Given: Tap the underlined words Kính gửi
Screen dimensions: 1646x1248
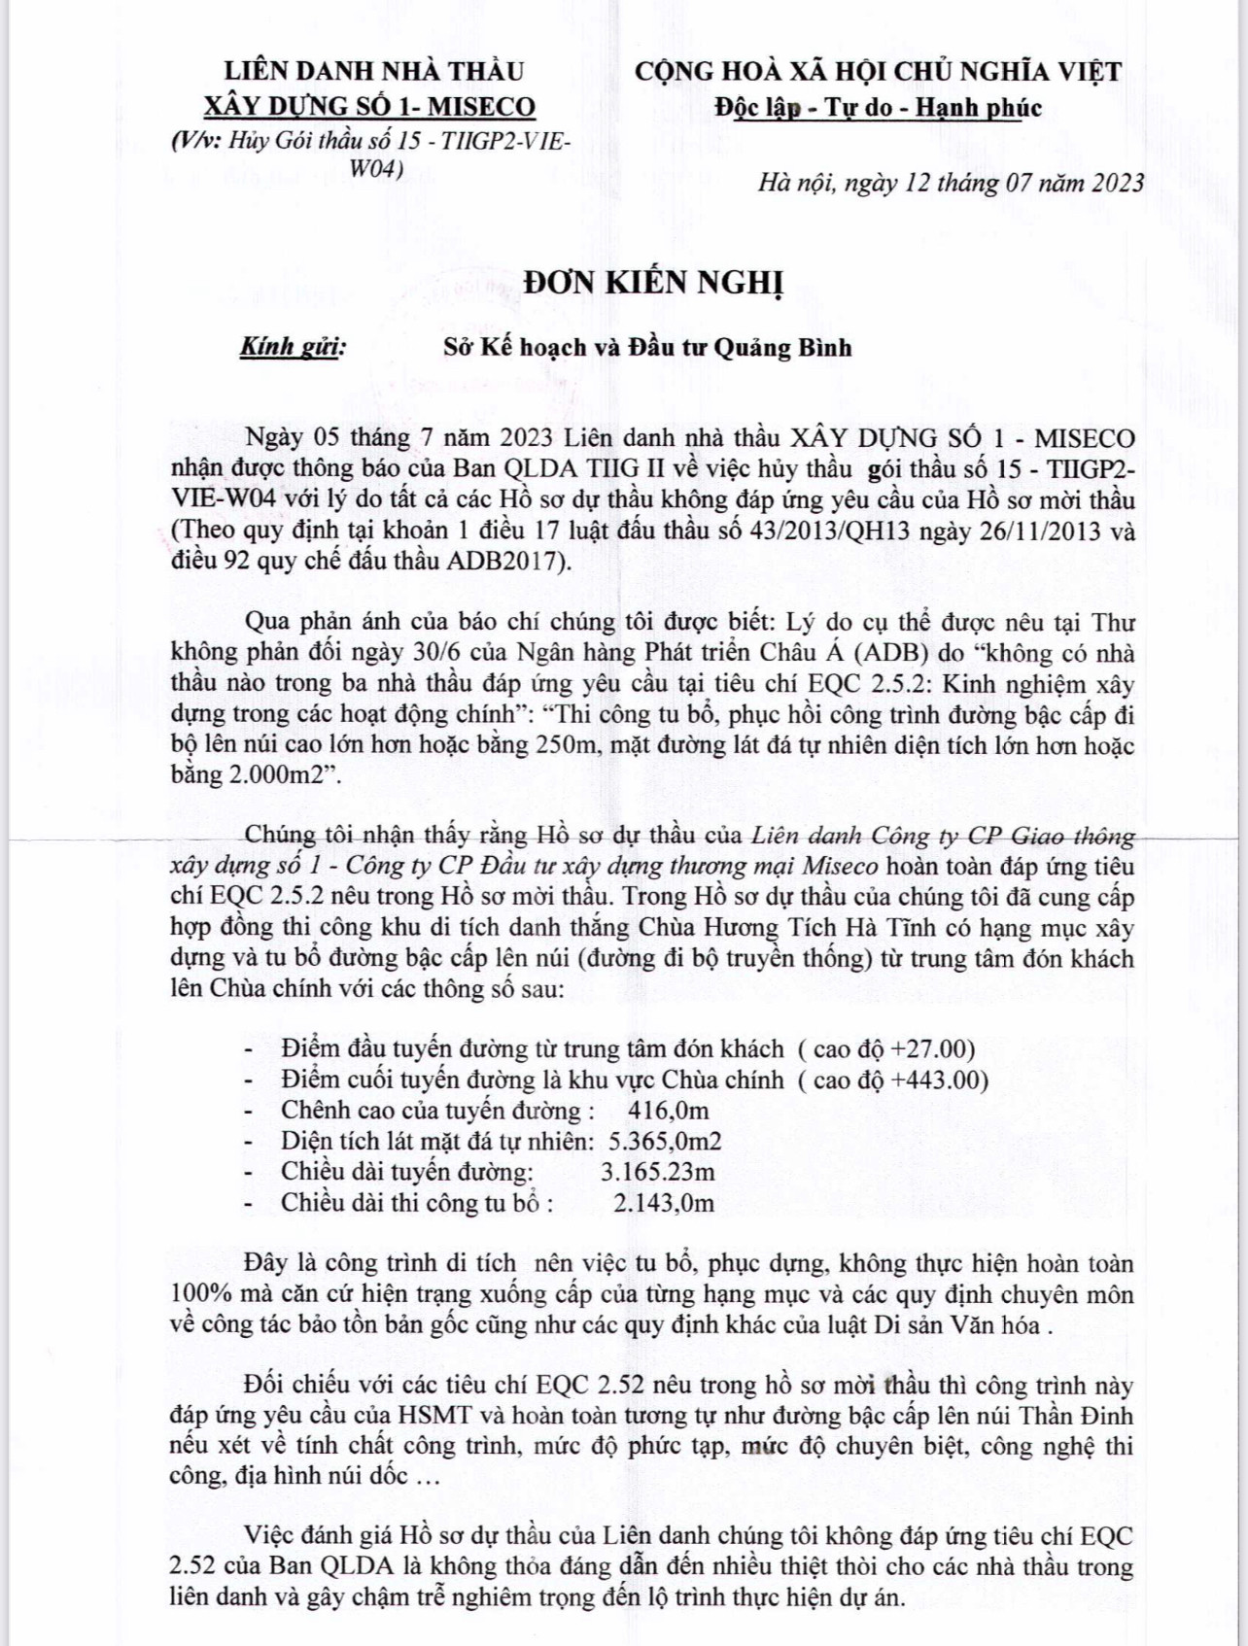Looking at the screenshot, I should pyautogui.click(x=292, y=347).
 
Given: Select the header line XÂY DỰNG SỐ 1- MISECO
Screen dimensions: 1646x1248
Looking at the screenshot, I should pyautogui.click(x=368, y=106).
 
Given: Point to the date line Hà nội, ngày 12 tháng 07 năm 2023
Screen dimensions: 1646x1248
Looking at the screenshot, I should pyautogui.click(x=951, y=183).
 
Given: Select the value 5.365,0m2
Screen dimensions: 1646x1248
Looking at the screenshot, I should pyautogui.click(x=665, y=1142).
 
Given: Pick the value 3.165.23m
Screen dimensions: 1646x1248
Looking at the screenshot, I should pyautogui.click(x=658, y=1172).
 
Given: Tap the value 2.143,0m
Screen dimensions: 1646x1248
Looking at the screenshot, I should pyautogui.click(x=664, y=1203).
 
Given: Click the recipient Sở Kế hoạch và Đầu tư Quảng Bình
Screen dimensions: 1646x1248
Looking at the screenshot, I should pyautogui.click(x=647, y=347).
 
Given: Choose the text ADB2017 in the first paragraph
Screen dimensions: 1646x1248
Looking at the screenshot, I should pyautogui.click(x=503, y=562).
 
